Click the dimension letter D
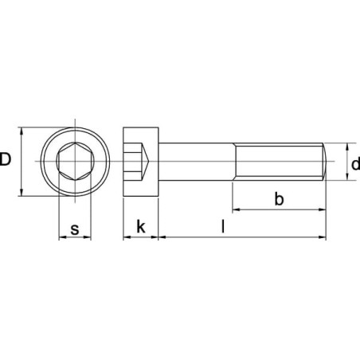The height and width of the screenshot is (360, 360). [x=6, y=159]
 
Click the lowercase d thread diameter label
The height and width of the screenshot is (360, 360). [x=355, y=164]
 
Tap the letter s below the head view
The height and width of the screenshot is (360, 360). [x=75, y=229]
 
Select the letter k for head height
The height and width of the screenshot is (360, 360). [x=141, y=226]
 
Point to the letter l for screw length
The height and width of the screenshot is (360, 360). [x=223, y=226]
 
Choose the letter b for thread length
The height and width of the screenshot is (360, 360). [x=279, y=198]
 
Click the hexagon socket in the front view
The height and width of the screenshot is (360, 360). [x=75, y=161]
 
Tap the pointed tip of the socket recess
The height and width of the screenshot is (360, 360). [x=149, y=161]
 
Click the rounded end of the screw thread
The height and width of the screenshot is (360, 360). [x=325, y=162]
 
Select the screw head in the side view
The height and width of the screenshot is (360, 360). [x=141, y=162]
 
